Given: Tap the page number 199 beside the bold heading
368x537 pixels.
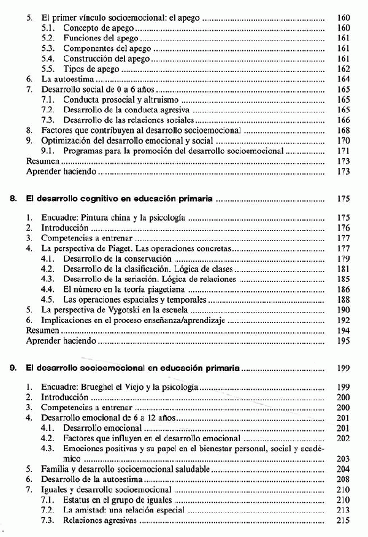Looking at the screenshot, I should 343,369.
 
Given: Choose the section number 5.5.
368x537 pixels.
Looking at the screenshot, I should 48,69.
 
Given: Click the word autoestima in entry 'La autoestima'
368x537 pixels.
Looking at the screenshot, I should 71,80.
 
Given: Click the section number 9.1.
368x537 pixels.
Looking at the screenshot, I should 48,151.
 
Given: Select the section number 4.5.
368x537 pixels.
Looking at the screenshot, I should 48,300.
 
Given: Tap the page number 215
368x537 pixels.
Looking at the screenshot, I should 343,521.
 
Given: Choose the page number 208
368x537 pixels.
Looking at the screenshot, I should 343,479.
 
